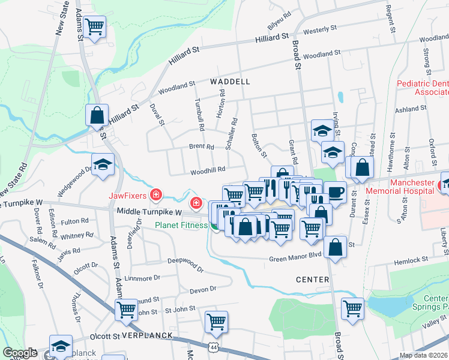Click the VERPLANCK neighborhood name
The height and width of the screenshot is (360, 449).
pyautogui.click(x=143, y=337)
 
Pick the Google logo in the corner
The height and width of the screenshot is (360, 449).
pyautogui.click(x=20, y=353)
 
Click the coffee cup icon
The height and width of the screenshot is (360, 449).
pyautogui.click(x=335, y=192)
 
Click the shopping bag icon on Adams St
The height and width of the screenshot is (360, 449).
pyautogui.click(x=96, y=114)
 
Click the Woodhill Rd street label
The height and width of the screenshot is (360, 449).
pyautogui.click(x=208, y=170)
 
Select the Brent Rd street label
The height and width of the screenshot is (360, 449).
pyautogui.click(x=201, y=146)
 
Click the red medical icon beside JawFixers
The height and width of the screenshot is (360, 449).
pyautogui.click(x=156, y=194)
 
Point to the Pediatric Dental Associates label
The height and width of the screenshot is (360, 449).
pyautogui.click(x=423, y=88)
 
